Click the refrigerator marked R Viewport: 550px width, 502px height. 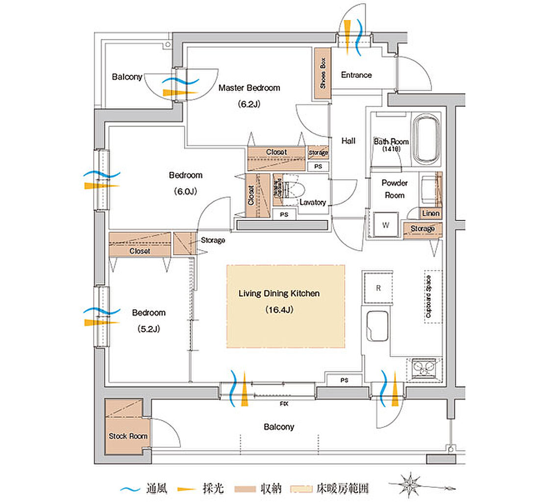point(378,288)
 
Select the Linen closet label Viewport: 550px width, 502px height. point(430,214)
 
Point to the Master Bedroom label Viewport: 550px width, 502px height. point(249,88)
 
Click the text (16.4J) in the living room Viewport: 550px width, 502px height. point(279,310)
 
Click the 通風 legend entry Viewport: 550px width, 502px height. point(147,488)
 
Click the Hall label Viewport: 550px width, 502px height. point(348,141)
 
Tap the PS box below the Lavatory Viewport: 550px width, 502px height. point(284,214)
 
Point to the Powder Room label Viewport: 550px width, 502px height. point(395,189)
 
